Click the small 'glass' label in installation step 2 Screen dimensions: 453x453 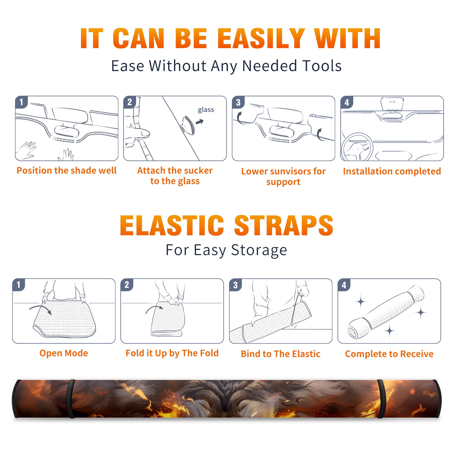[206, 110]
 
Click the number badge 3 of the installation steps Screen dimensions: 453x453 [238, 102]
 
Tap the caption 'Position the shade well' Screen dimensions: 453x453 [67, 170]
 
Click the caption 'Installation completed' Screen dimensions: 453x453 [392, 171]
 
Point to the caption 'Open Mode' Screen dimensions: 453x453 [64, 353]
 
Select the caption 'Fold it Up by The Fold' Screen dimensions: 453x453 [172, 353]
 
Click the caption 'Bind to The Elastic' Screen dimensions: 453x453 [281, 354]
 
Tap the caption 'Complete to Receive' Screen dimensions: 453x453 [389, 354]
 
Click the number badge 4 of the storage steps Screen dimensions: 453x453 [344, 285]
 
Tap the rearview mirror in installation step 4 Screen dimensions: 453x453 [392, 104]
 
